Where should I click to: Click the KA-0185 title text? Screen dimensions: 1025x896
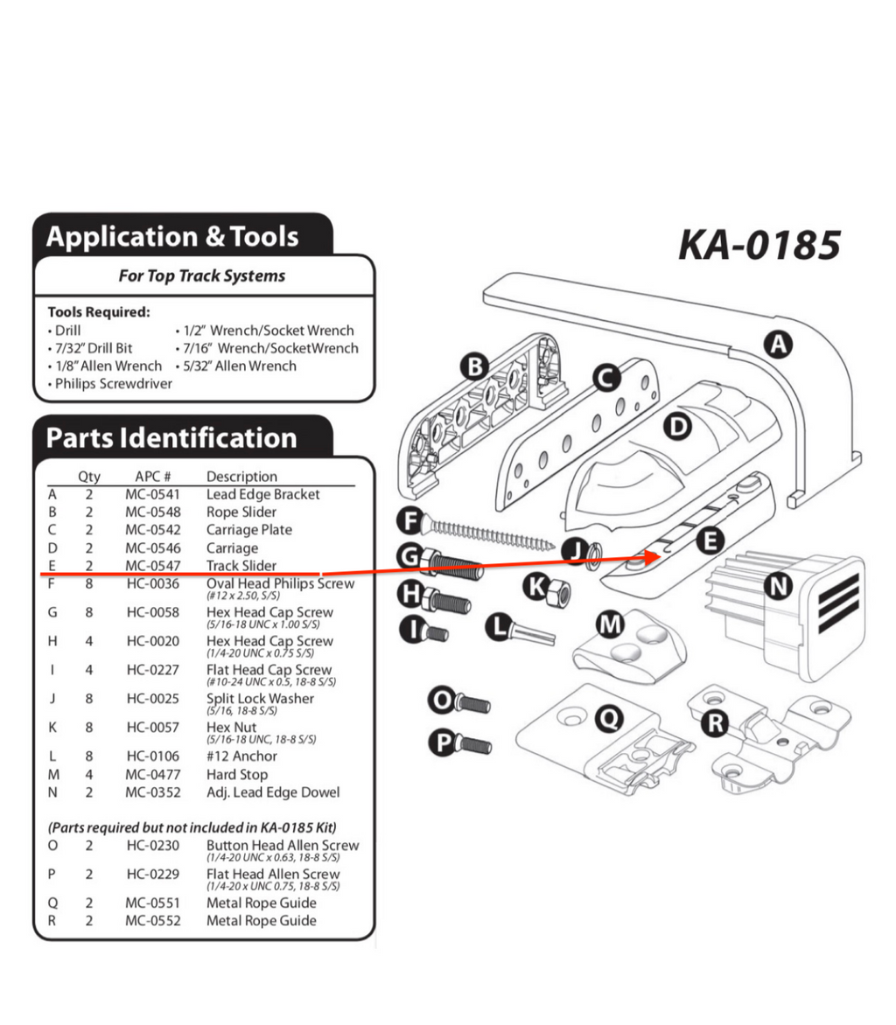[759, 246]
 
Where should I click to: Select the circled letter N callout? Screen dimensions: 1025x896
[777, 585]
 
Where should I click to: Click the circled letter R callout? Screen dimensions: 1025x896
[717, 723]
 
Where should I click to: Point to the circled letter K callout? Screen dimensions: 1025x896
[536, 586]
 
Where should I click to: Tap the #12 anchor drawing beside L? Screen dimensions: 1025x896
[530, 630]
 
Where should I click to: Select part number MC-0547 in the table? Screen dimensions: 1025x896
[153, 566]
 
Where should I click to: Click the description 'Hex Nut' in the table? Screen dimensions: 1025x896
[231, 727]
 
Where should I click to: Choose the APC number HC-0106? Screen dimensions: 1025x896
[153, 756]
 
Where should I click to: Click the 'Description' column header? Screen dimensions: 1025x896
[241, 477]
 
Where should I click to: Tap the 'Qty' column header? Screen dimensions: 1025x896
[89, 477]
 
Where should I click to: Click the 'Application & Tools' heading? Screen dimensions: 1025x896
[172, 236]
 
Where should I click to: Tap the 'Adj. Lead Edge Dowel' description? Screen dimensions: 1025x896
[273, 792]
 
